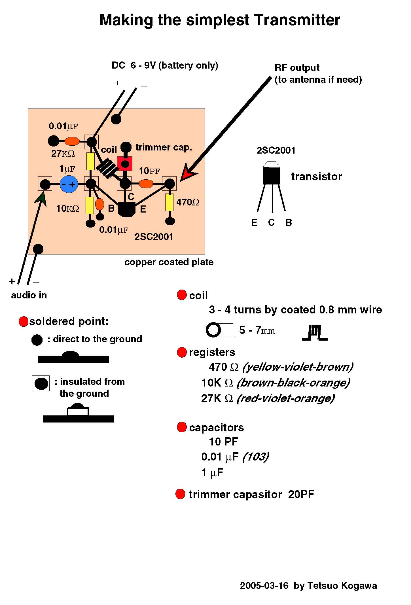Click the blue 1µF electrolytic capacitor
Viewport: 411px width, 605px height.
coord(69,184)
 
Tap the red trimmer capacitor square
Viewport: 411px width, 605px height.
coord(125,164)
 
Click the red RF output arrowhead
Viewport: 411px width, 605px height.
coord(187,173)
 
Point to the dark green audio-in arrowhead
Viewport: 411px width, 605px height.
coord(41,198)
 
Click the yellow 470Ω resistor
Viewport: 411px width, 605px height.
coord(169,202)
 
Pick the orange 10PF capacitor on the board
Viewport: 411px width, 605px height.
coord(146,184)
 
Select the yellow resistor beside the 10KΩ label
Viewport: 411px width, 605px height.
coord(90,205)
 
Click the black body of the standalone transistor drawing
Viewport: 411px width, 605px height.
coord(271,176)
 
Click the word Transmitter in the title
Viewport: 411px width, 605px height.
coord(297,20)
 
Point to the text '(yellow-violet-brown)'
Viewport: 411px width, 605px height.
coord(298,367)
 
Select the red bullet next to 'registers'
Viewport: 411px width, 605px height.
coord(181,353)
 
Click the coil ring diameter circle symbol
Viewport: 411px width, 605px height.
coord(213,330)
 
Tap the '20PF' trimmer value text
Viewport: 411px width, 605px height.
coord(301,494)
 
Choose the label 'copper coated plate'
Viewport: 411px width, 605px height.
coord(169,262)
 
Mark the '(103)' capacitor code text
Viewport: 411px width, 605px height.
coord(256,457)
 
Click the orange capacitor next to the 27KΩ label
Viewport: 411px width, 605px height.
coord(72,141)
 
